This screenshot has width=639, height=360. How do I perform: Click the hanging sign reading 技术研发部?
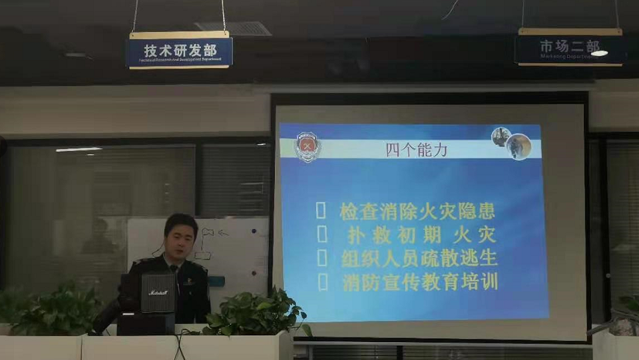[x=179, y=51]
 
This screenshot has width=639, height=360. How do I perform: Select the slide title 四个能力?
[x=416, y=149]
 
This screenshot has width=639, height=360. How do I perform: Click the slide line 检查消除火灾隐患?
[x=417, y=212]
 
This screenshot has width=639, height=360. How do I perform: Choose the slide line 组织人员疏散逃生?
[x=419, y=258]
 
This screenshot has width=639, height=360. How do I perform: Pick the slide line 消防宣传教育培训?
[x=420, y=281]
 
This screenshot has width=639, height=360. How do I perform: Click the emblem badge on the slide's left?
[x=308, y=146]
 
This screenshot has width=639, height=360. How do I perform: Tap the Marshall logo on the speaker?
[x=158, y=292]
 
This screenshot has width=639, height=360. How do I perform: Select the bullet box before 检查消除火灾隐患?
[x=321, y=212]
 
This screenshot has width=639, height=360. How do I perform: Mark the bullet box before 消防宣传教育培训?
[x=322, y=281]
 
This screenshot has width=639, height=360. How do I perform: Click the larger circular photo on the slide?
[x=519, y=146]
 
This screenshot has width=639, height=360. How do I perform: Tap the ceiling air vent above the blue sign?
[x=234, y=28]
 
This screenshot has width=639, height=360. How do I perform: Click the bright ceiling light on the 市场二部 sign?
[x=598, y=53]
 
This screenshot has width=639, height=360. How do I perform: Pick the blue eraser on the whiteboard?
[x=216, y=281]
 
